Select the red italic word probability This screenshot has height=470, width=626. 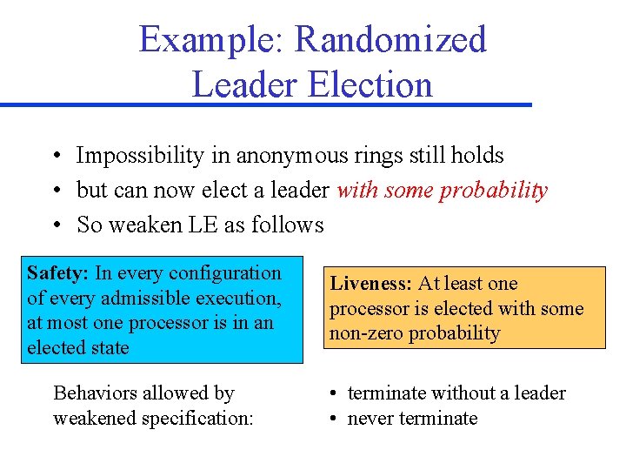point(494,191)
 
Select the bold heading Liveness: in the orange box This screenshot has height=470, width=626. point(371,284)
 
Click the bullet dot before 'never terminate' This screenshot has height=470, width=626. point(334,419)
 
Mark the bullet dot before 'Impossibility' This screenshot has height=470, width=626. point(55,156)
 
